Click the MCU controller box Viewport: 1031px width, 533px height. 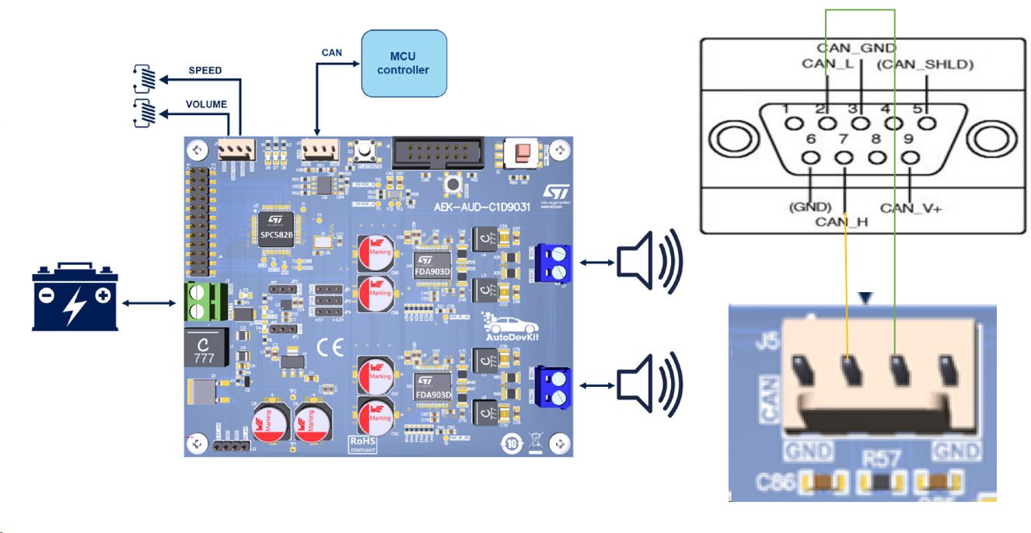403,64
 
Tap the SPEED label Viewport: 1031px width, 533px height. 205,71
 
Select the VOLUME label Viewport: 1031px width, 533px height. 206,104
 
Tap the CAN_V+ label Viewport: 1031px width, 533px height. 910,208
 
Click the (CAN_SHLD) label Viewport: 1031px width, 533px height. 925,64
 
